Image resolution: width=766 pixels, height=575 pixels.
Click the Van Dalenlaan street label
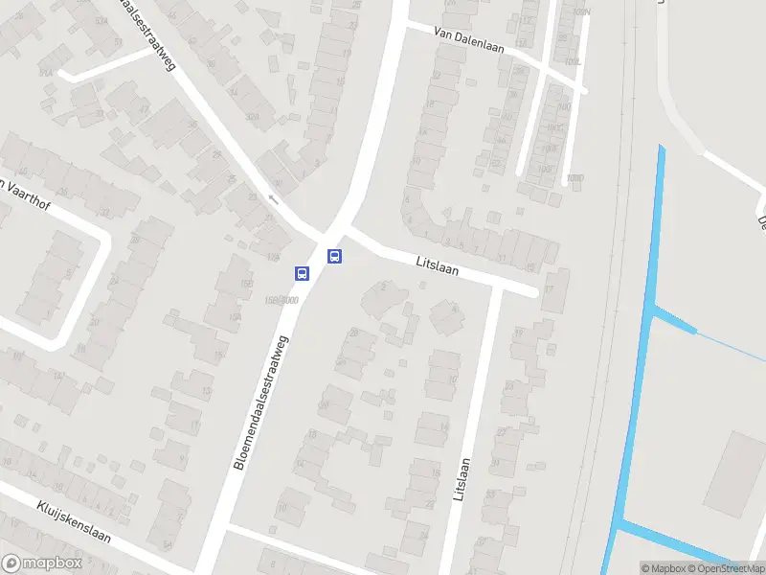point(469,38)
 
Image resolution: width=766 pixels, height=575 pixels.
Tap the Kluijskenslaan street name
point(74,521)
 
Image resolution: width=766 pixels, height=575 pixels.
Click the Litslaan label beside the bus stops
point(438,265)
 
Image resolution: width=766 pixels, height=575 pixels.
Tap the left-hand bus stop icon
point(302,273)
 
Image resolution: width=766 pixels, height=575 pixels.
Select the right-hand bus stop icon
point(334,256)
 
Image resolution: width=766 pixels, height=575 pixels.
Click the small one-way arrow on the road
point(273,199)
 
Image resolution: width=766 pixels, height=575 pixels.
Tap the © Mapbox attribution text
point(663,568)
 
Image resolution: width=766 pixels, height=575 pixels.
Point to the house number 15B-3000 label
point(280,300)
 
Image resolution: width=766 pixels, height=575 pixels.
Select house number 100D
point(574,177)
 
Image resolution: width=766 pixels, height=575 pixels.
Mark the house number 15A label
point(234,317)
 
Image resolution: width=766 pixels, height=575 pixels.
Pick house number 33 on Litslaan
point(490,494)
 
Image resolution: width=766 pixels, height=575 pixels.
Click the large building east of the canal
point(735,471)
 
